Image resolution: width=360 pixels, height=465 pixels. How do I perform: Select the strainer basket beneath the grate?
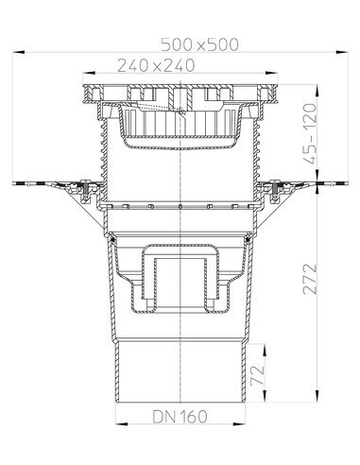tap(179, 128)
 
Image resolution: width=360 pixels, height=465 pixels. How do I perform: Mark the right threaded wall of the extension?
tap(258, 161)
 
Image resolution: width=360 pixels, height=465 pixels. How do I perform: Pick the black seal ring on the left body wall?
tap(112, 242)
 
